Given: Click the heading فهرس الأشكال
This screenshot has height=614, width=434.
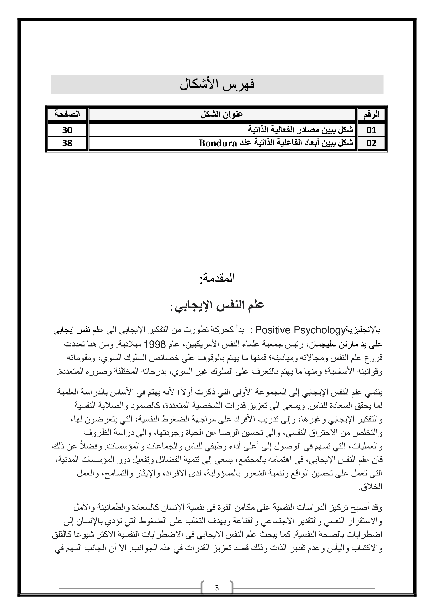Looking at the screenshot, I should click(x=217, y=84).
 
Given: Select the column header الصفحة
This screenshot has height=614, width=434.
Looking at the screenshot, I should click(x=67, y=114).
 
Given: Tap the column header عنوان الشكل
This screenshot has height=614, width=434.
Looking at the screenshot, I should click(x=222, y=114).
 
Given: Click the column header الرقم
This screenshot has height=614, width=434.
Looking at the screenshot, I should click(x=372, y=114).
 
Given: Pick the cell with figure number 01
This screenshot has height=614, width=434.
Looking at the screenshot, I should click(x=371, y=130).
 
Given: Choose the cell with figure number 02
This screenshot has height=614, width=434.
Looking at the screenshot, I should click(x=371, y=143).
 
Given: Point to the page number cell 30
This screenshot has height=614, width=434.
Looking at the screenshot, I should click(x=67, y=130).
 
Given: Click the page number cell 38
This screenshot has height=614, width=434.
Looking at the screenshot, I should click(x=67, y=143).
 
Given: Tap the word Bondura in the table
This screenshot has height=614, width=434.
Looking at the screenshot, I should click(x=218, y=144).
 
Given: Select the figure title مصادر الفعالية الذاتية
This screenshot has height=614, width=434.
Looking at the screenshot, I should click(x=289, y=130).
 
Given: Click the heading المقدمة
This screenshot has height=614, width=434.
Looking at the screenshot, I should click(x=217, y=278).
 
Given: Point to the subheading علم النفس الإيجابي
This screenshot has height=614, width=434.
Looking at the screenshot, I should click(x=219, y=305).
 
